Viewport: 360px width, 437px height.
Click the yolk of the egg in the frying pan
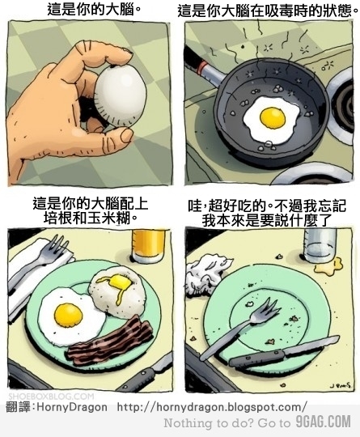click(273, 118)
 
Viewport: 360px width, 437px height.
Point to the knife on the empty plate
click(275, 353)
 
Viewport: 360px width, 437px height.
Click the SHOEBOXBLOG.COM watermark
click(49, 396)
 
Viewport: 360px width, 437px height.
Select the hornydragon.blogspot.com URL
click(212, 406)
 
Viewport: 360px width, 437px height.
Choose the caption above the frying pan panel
click(265, 11)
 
